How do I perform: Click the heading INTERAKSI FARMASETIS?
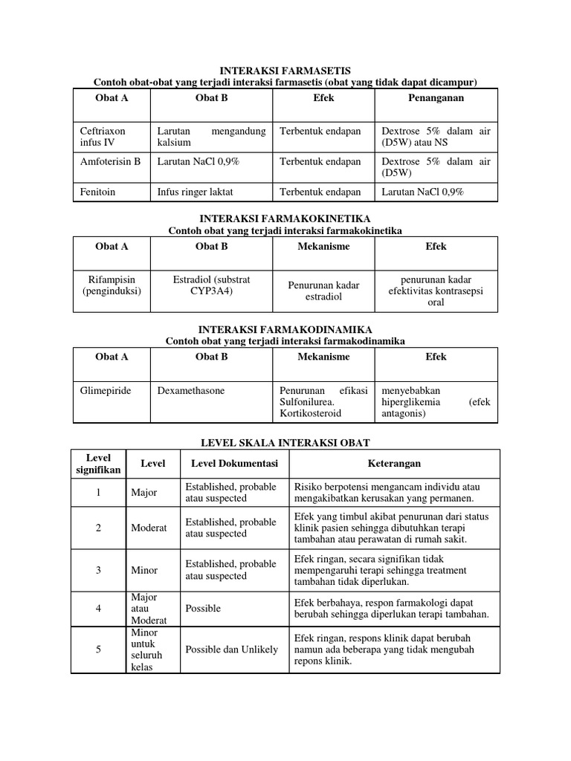point(285,70)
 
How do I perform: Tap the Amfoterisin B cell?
point(110,161)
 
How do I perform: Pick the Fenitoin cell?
point(97,192)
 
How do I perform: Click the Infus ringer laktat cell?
point(195,192)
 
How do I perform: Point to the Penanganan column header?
point(435,98)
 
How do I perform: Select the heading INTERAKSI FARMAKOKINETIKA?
point(285,219)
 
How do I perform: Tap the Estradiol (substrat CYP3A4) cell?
point(211,285)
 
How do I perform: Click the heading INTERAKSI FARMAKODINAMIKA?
point(285,328)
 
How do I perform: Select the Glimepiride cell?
point(105,390)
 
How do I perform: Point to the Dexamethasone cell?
point(191,390)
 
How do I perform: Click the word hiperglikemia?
point(410,402)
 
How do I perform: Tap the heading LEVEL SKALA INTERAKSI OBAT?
point(285,442)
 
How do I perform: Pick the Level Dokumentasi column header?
point(234,464)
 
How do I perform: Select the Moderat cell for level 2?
point(149,528)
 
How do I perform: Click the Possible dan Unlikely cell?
point(231,650)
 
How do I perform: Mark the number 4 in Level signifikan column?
point(98,608)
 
